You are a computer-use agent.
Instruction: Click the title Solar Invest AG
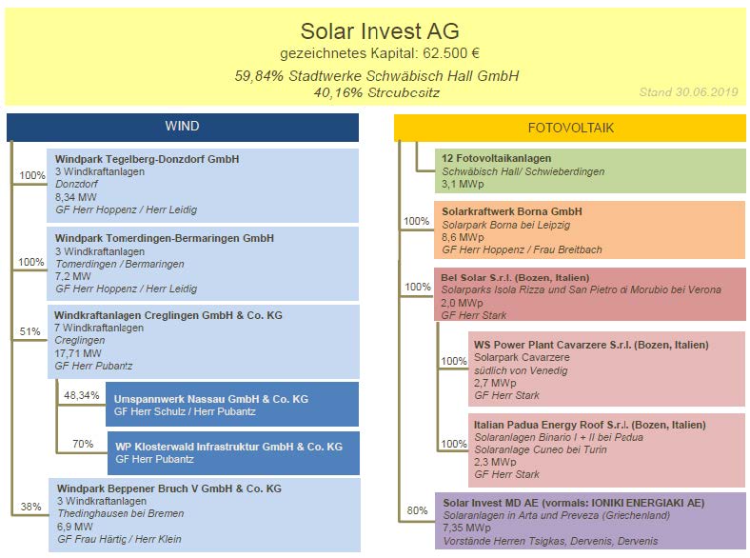point(380,31)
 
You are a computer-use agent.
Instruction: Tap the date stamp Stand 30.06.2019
point(688,91)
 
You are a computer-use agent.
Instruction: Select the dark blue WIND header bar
point(183,128)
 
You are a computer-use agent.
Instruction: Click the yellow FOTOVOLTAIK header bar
point(570,128)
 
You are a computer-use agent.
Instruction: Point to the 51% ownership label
point(30,331)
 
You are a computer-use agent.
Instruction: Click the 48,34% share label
point(81,395)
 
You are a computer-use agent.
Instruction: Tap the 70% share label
point(83,444)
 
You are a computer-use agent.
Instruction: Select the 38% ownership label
point(30,507)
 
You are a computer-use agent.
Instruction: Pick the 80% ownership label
point(417,510)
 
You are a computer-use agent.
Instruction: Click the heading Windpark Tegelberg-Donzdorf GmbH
point(147,159)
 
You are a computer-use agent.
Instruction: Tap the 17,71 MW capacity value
point(78,353)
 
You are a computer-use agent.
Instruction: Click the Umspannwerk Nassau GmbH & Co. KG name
point(211,399)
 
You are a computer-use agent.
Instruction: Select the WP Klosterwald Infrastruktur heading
point(228,447)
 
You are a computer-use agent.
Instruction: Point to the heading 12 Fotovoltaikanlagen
point(497,158)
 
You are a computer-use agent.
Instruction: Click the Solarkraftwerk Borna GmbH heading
point(512,211)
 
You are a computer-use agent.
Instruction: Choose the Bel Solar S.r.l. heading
point(515,277)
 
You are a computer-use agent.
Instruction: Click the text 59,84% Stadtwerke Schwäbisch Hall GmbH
point(377,75)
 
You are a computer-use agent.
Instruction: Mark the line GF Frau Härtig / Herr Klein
point(119,539)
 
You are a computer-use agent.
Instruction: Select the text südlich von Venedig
point(521,370)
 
